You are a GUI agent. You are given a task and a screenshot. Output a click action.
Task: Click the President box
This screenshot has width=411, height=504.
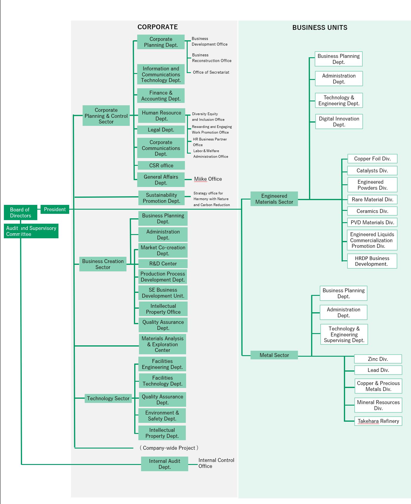[55, 209]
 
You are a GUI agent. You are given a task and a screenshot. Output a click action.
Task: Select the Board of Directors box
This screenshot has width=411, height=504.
[20, 212]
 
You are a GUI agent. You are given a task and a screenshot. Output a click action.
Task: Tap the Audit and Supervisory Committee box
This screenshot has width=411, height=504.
[31, 231]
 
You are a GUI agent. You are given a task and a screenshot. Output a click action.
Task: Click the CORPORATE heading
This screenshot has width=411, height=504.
[157, 27]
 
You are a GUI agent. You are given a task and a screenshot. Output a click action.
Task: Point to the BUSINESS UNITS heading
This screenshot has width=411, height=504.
[320, 28]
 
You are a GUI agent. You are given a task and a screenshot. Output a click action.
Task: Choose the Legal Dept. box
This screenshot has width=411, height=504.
[161, 130]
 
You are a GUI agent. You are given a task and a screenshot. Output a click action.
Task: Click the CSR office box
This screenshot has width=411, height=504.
[161, 166]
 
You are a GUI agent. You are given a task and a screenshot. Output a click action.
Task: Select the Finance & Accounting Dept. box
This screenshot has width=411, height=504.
[161, 96]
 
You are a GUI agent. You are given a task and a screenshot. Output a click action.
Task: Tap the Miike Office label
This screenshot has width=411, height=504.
[208, 179]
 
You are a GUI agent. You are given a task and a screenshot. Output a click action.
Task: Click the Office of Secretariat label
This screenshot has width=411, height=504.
[211, 72]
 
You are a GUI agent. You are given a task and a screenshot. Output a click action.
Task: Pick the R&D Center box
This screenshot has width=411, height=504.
[163, 264]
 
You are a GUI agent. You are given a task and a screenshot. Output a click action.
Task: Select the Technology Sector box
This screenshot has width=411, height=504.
[108, 398]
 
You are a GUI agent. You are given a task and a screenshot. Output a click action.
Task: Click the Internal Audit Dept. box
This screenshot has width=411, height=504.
[164, 464]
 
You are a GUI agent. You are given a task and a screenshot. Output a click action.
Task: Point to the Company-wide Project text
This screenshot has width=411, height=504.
[169, 448]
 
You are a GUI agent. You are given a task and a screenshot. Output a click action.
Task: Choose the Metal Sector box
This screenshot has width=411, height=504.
[274, 355]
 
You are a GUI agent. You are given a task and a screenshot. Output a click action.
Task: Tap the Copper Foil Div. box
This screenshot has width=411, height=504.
[372, 159]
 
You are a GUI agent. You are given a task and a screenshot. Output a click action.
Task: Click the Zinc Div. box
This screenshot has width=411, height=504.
[378, 359]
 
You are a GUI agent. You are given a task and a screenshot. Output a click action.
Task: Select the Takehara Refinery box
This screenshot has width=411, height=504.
[378, 421]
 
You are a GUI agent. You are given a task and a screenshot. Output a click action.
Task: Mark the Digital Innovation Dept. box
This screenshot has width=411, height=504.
[339, 122]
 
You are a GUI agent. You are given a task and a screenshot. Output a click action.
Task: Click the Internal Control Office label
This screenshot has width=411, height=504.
[216, 463]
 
